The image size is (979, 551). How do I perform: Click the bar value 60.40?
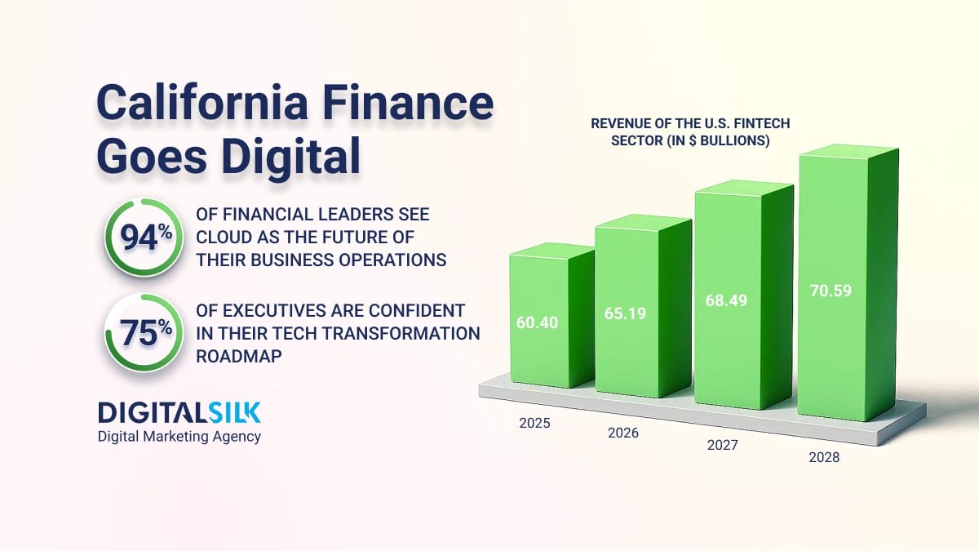click(537, 322)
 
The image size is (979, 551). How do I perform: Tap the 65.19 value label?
click(625, 313)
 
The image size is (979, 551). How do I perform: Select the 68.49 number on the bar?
click(726, 300)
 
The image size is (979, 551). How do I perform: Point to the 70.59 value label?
click(831, 291)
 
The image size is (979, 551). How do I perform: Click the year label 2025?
click(534, 424)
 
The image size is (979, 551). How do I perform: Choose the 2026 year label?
click(623, 433)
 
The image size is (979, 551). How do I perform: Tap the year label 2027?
click(723, 445)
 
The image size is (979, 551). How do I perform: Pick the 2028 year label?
click(824, 457)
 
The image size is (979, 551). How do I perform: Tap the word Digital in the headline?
click(290, 157)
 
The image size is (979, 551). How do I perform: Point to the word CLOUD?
click(224, 238)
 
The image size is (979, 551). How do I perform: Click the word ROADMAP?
click(238, 357)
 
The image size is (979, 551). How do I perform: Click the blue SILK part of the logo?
click(234, 412)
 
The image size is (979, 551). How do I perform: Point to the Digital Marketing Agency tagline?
click(179, 437)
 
